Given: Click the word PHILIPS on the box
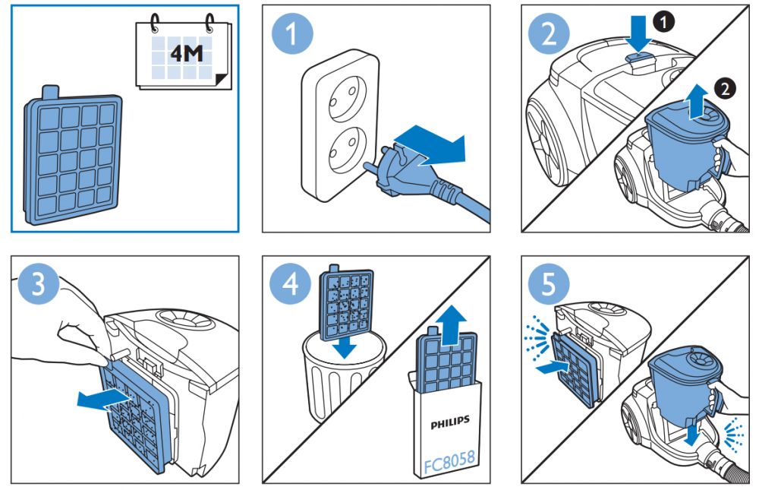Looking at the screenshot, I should [450, 419].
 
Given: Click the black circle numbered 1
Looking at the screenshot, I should [665, 24].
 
